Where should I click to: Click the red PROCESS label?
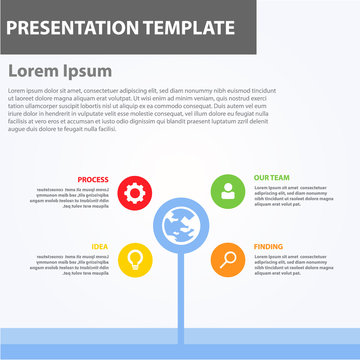93,179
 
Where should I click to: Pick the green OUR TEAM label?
272,179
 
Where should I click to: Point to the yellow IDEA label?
100,246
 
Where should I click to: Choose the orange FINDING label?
268,246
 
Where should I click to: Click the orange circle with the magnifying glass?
228,260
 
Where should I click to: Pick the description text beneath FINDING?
290,264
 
